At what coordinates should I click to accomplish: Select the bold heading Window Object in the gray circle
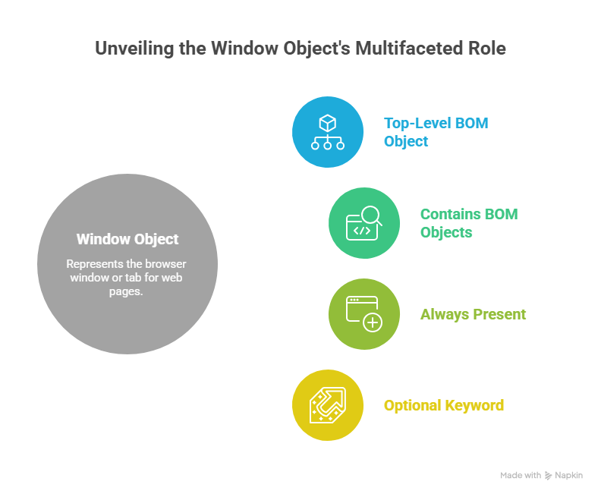tap(127, 239)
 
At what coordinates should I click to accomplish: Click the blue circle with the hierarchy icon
tap(328, 132)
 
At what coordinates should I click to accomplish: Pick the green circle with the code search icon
tap(364, 223)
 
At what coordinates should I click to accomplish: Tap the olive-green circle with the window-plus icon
tap(364, 313)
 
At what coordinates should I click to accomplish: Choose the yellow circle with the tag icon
tap(328, 405)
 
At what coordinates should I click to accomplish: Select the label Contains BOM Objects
tap(469, 223)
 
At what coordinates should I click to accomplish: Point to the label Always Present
tap(473, 314)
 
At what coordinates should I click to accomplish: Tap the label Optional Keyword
tap(443, 405)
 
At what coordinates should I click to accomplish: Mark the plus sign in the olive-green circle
tap(373, 322)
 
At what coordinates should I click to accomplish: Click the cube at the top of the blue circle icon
tap(328, 122)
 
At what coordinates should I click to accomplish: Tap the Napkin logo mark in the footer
tap(549, 476)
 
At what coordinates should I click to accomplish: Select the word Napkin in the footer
tap(569, 476)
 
